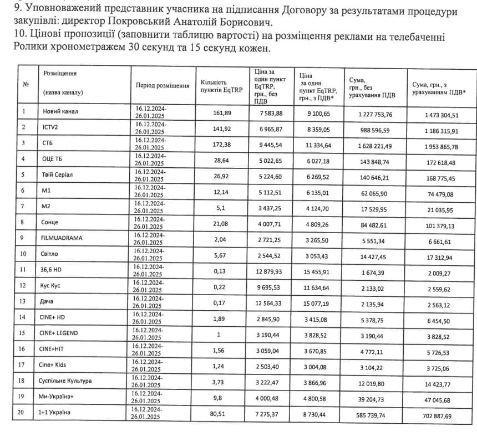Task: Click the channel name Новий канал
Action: pyautogui.click(x=60, y=111)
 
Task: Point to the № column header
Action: pyautogui.click(x=26, y=84)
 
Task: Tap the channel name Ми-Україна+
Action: pyautogui.click(x=60, y=398)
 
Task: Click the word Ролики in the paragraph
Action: pyautogui.click(x=28, y=48)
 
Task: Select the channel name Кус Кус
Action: pyautogui.click(x=54, y=286)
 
